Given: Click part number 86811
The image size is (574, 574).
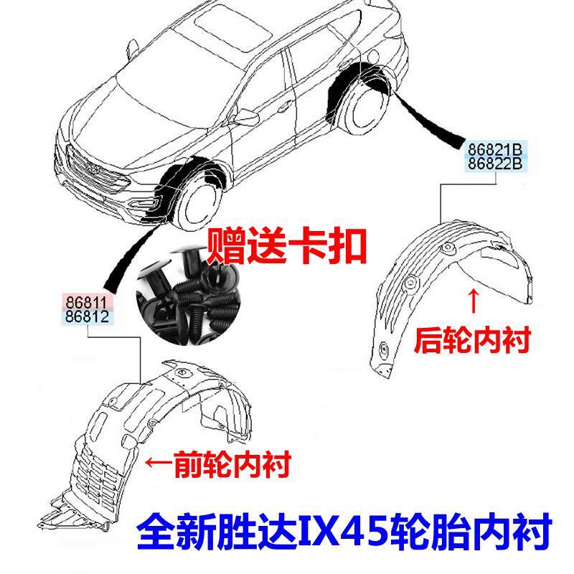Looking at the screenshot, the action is tap(86, 302).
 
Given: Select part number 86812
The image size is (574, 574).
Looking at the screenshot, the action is tap(87, 316).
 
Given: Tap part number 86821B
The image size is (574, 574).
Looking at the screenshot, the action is tap(495, 150).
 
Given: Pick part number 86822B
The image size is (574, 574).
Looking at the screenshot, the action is tap(495, 164).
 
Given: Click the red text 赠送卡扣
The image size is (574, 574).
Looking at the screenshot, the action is tap(286, 245).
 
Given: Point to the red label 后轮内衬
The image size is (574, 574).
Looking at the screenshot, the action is tap(472, 340).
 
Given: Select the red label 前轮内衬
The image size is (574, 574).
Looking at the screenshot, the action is tap(232, 464).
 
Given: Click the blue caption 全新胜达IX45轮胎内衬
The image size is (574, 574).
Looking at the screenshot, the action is tap(344, 531).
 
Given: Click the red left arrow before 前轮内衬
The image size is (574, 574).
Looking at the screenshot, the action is tap(159, 462).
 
